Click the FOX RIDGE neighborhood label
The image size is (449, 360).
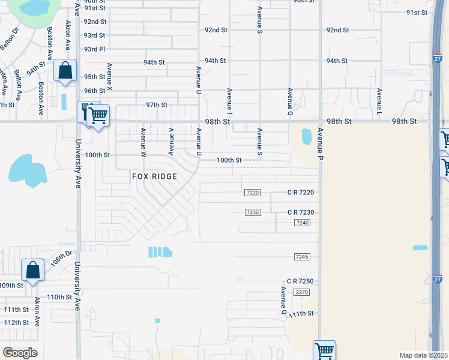(155, 176)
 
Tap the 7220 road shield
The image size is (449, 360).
(253, 193)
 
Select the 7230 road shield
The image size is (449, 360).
(253, 212)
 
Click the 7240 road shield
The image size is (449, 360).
(302, 223)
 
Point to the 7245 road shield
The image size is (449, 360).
(302, 257)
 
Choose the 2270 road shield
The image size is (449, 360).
(301, 292)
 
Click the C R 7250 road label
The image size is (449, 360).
(300, 281)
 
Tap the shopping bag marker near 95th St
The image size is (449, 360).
(65, 71)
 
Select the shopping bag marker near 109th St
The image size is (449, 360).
(32, 271)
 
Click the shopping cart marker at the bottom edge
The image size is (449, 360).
(324, 350)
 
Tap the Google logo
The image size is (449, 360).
(20, 353)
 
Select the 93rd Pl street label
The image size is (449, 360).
(95, 49)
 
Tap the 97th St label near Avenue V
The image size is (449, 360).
(156, 105)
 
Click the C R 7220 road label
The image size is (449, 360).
(300, 193)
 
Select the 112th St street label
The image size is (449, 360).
(17, 322)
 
